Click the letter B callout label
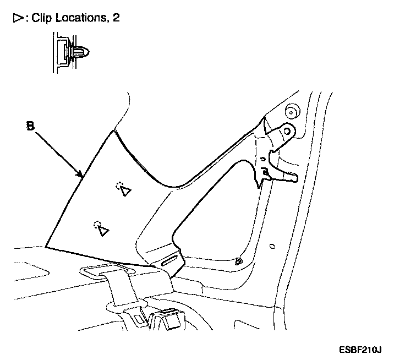point(31,126)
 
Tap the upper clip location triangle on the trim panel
point(125,191)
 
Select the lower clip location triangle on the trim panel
point(101,231)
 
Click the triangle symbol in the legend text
point(16,18)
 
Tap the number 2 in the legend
point(115,18)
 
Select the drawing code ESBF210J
point(361,349)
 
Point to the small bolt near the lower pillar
point(238,260)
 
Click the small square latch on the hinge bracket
point(265,172)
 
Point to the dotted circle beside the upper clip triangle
point(119,185)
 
